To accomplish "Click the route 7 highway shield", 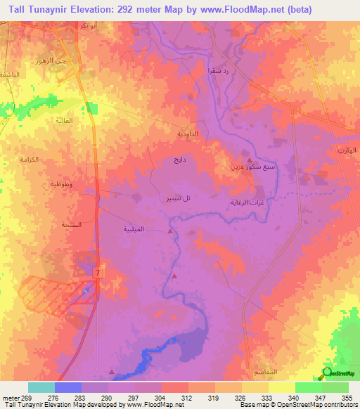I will [x=96, y=272].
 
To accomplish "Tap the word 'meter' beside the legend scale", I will [x=10, y=397].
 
